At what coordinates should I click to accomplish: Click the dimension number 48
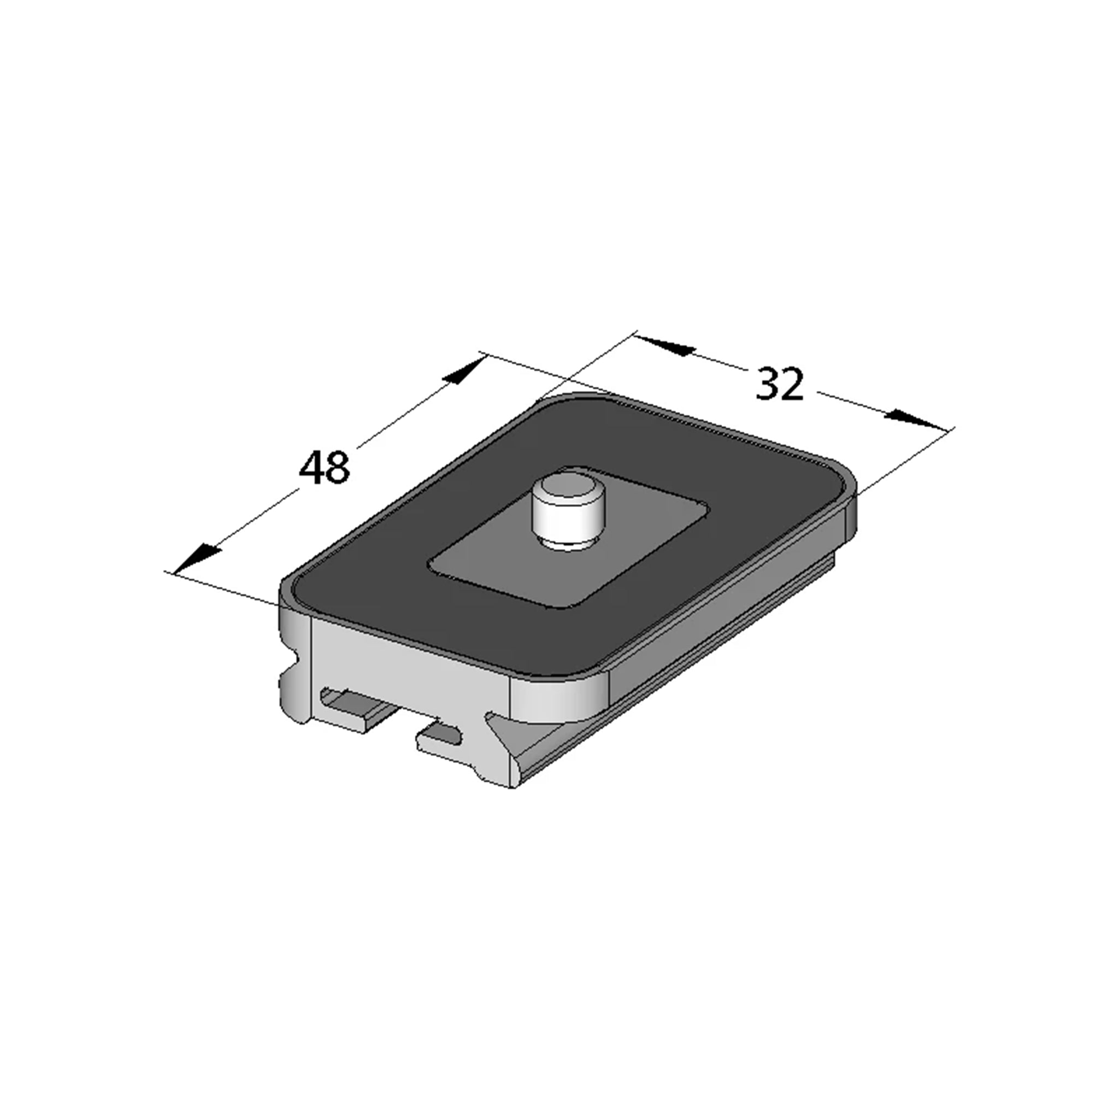point(325,467)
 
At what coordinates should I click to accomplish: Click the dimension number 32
point(780,383)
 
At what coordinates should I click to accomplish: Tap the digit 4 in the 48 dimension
point(311,467)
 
